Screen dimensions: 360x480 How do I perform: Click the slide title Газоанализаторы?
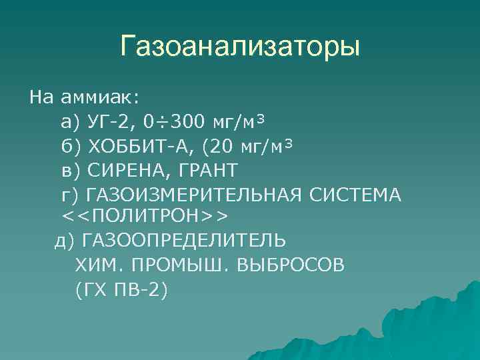(x=240, y=47)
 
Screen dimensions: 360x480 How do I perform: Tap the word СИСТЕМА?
(x=355, y=194)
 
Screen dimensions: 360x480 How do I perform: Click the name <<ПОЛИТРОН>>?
(x=145, y=217)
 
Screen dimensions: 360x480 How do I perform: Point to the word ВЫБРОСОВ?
(x=291, y=265)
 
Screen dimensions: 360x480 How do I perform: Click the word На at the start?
(x=41, y=97)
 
